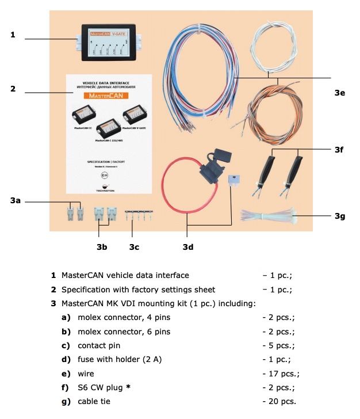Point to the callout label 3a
coord(16,201)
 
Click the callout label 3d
coord(187,248)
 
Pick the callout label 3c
coord(133,248)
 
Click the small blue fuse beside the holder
coord(233,181)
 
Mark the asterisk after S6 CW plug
coord(129,387)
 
